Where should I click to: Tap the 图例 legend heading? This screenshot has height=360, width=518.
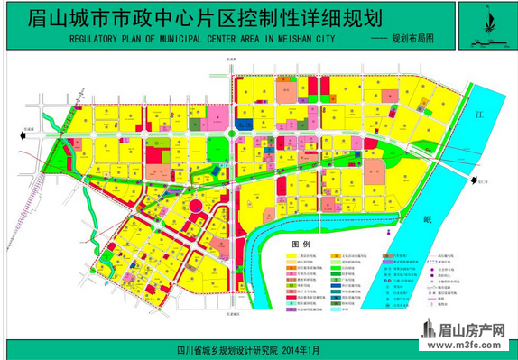(x=301, y=244)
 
